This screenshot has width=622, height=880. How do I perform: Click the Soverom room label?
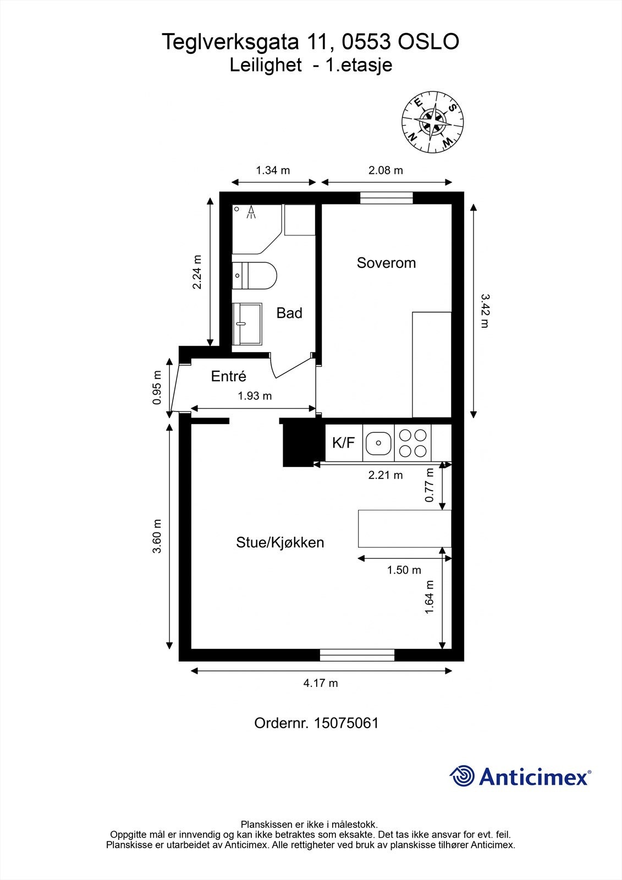386,263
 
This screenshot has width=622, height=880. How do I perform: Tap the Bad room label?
289,313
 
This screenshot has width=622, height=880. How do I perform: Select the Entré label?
228,377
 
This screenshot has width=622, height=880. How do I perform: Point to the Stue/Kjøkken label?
280,542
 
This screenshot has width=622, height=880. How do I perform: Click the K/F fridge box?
344,442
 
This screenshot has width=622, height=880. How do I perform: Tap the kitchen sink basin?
378,442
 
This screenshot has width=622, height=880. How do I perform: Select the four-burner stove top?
413,443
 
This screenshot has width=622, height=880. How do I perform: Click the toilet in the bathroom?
255,275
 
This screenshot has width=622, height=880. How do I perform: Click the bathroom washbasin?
247,323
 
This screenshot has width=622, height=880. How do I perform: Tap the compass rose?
432,122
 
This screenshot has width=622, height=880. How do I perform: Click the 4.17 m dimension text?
321,683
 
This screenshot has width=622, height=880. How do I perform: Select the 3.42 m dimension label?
484,311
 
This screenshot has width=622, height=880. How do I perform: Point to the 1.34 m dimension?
273,170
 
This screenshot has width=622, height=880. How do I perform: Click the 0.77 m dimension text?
430,485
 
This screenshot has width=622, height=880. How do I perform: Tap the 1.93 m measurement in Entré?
255,395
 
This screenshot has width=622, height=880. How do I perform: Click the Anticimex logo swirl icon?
462,777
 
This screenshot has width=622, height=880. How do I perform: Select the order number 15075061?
346,723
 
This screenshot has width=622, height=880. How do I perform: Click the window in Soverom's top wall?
386,198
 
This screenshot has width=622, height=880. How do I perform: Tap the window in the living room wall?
357,654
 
